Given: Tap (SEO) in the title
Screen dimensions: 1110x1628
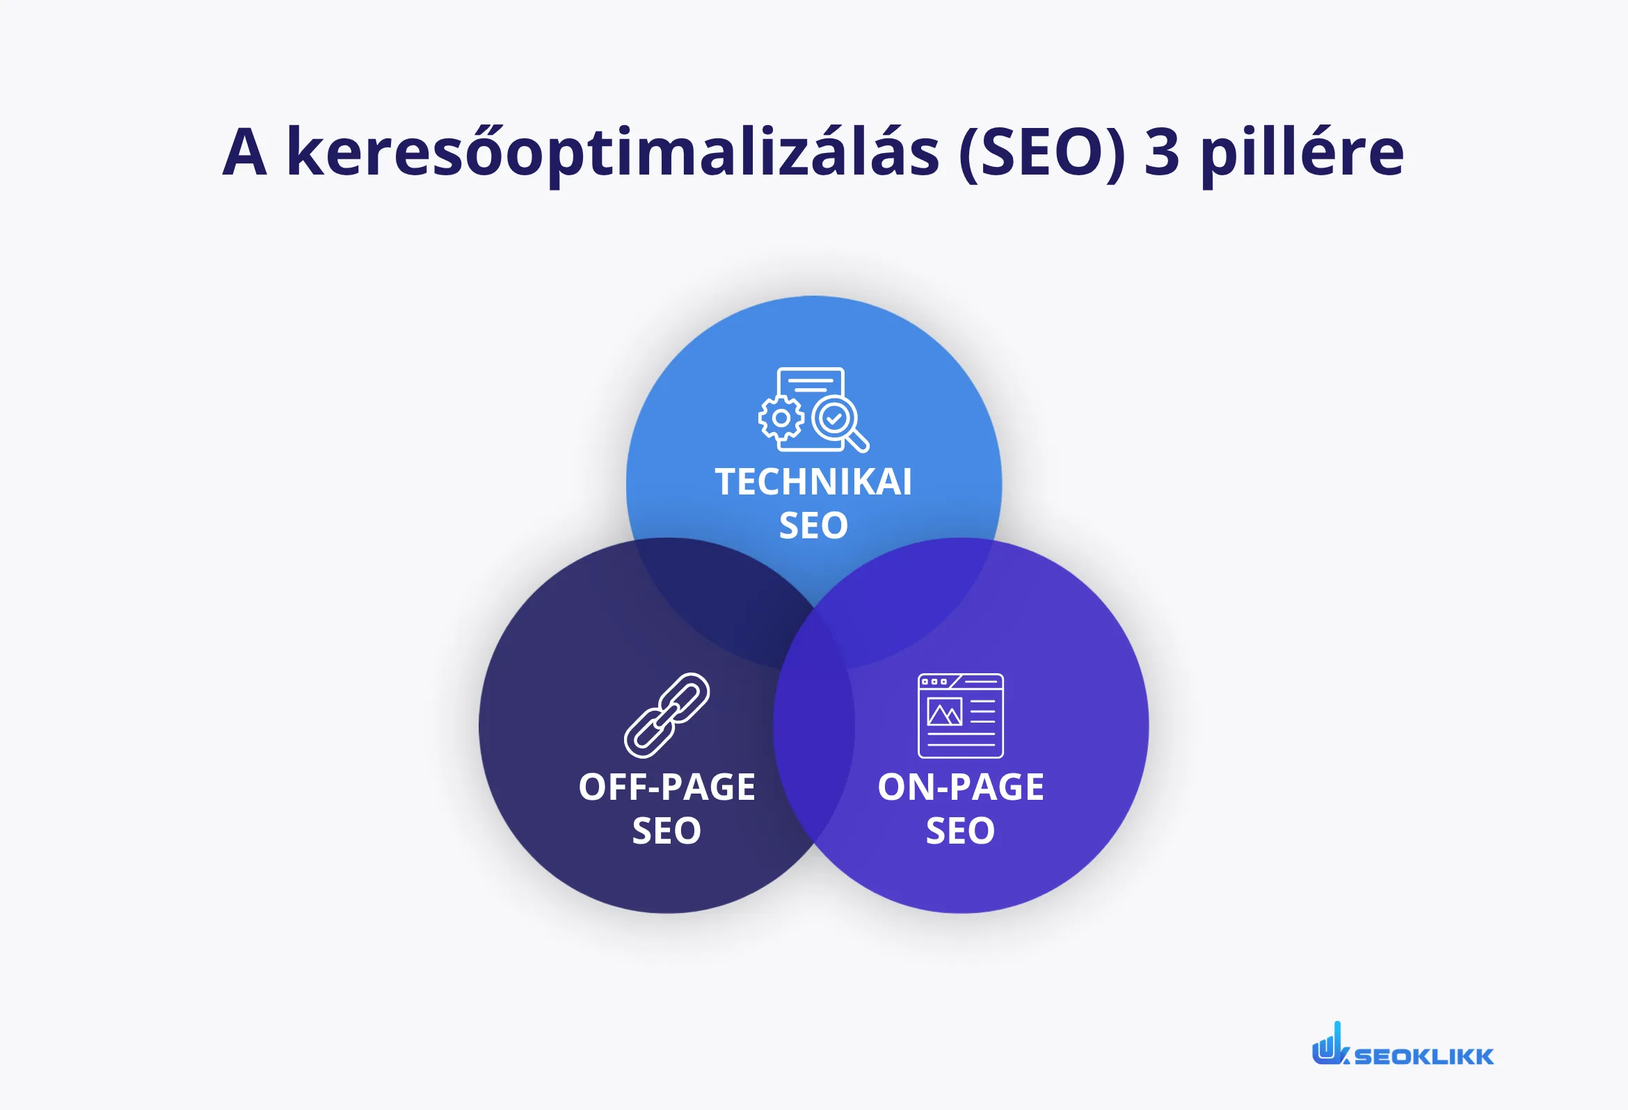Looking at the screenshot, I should (x=1042, y=153).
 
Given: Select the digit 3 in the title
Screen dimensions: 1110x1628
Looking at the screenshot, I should (x=1161, y=153).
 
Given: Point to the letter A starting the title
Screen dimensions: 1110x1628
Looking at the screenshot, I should (x=244, y=153).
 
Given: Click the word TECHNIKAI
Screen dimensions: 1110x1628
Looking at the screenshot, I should (x=813, y=482).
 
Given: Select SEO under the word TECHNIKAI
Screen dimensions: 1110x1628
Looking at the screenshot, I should (x=813, y=525).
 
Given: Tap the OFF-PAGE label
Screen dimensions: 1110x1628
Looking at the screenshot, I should (x=667, y=787).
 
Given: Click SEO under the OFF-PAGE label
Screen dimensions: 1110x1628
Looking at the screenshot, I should (x=667, y=830).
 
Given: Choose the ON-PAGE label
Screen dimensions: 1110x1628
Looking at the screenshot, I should (x=960, y=787).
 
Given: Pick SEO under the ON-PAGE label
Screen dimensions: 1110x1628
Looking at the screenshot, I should (x=960, y=830).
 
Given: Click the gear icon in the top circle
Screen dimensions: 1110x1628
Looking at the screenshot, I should (x=781, y=418).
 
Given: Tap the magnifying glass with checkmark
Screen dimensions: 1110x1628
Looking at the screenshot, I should (x=836, y=421).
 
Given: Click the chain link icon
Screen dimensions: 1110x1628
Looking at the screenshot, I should (x=667, y=715).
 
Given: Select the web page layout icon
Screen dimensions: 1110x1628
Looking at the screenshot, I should (x=960, y=715).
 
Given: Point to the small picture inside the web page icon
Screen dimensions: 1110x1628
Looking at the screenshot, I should (x=944, y=712).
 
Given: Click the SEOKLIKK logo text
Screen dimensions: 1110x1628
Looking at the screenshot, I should (x=1423, y=1056).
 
